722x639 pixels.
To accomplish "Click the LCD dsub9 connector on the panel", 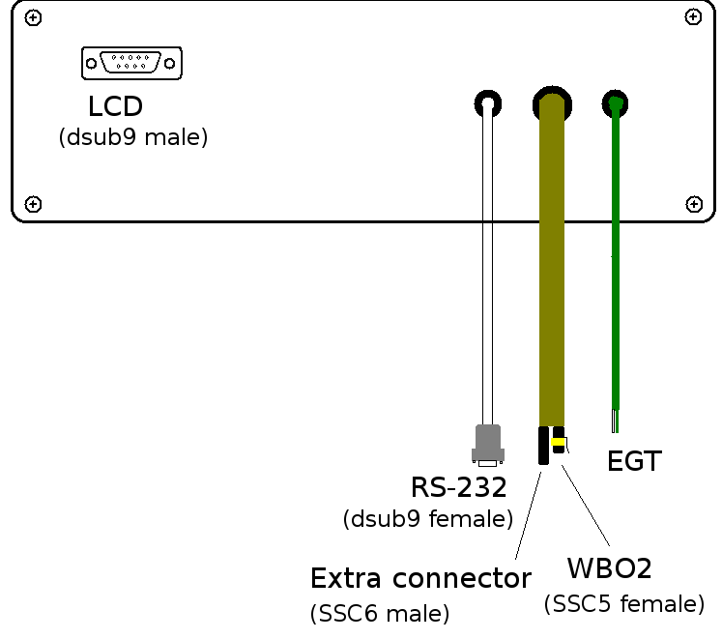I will click(131, 63).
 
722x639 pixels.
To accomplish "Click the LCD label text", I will click(115, 107).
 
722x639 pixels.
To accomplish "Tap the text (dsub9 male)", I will click(133, 137).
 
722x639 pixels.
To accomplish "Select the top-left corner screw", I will click(34, 18).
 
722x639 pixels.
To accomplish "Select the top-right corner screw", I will click(692, 17).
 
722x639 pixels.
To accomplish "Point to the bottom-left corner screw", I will click(34, 203).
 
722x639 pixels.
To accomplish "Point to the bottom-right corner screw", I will click(693, 203).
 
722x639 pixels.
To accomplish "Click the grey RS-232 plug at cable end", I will click(487, 444).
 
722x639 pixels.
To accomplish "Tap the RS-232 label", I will click(459, 486).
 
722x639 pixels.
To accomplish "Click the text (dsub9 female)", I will click(427, 519).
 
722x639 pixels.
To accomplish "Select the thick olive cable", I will click(551, 261).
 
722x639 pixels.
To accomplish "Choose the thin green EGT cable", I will click(614, 261).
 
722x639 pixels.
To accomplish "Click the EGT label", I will click(634, 462).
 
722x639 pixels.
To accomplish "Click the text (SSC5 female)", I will click(623, 604).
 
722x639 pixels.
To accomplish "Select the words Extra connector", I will click(420, 579).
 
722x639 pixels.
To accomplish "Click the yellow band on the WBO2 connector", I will click(558, 442).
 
